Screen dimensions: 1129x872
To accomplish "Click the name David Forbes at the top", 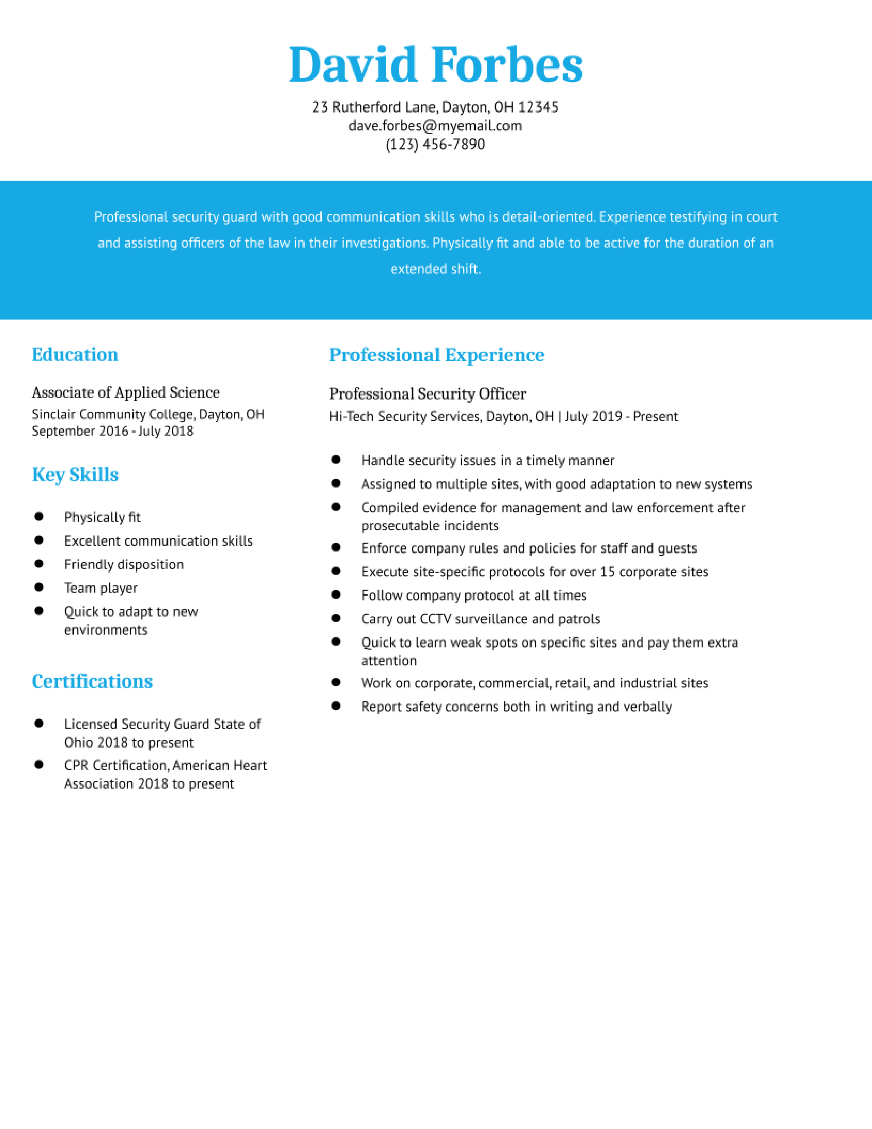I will (x=435, y=65).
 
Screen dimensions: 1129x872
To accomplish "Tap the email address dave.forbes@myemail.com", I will (x=435, y=126).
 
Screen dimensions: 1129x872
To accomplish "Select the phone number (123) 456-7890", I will (x=435, y=144).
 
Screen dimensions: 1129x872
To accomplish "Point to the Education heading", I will (x=75, y=355).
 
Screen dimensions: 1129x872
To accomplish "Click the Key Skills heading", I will (x=76, y=475).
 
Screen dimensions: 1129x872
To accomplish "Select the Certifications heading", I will (x=92, y=681).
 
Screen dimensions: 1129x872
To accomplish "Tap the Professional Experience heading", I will (x=437, y=355).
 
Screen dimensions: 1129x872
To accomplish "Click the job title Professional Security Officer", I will (x=428, y=394).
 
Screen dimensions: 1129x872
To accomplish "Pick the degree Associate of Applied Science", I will (x=125, y=392).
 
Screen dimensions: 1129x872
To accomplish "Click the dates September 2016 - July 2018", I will (x=113, y=431).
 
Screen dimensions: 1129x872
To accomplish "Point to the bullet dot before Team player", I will (x=39, y=587).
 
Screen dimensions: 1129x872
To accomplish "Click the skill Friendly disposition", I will (x=124, y=564).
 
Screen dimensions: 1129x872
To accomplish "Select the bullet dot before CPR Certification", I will (x=39, y=765).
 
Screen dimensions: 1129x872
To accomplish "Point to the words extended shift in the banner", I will (x=435, y=269).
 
